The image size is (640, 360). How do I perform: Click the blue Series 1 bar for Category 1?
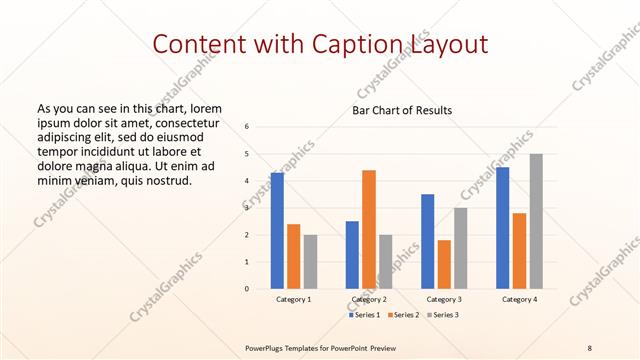pos(277,231)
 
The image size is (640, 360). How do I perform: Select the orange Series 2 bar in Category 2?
pos(369,229)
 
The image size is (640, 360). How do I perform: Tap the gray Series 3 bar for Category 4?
pos(536,221)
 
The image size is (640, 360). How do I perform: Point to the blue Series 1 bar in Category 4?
pos(502,228)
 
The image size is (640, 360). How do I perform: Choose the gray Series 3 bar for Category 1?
pos(310,262)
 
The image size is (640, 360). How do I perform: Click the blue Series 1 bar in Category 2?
pos(352,255)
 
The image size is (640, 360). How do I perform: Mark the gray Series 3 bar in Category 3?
pos(460,248)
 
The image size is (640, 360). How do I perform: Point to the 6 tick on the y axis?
pos(247,127)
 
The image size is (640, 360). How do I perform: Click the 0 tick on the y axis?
pos(247,289)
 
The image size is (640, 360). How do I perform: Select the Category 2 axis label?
pos(369,299)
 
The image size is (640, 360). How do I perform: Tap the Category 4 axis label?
pos(519,299)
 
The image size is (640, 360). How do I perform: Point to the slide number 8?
pos(590,346)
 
